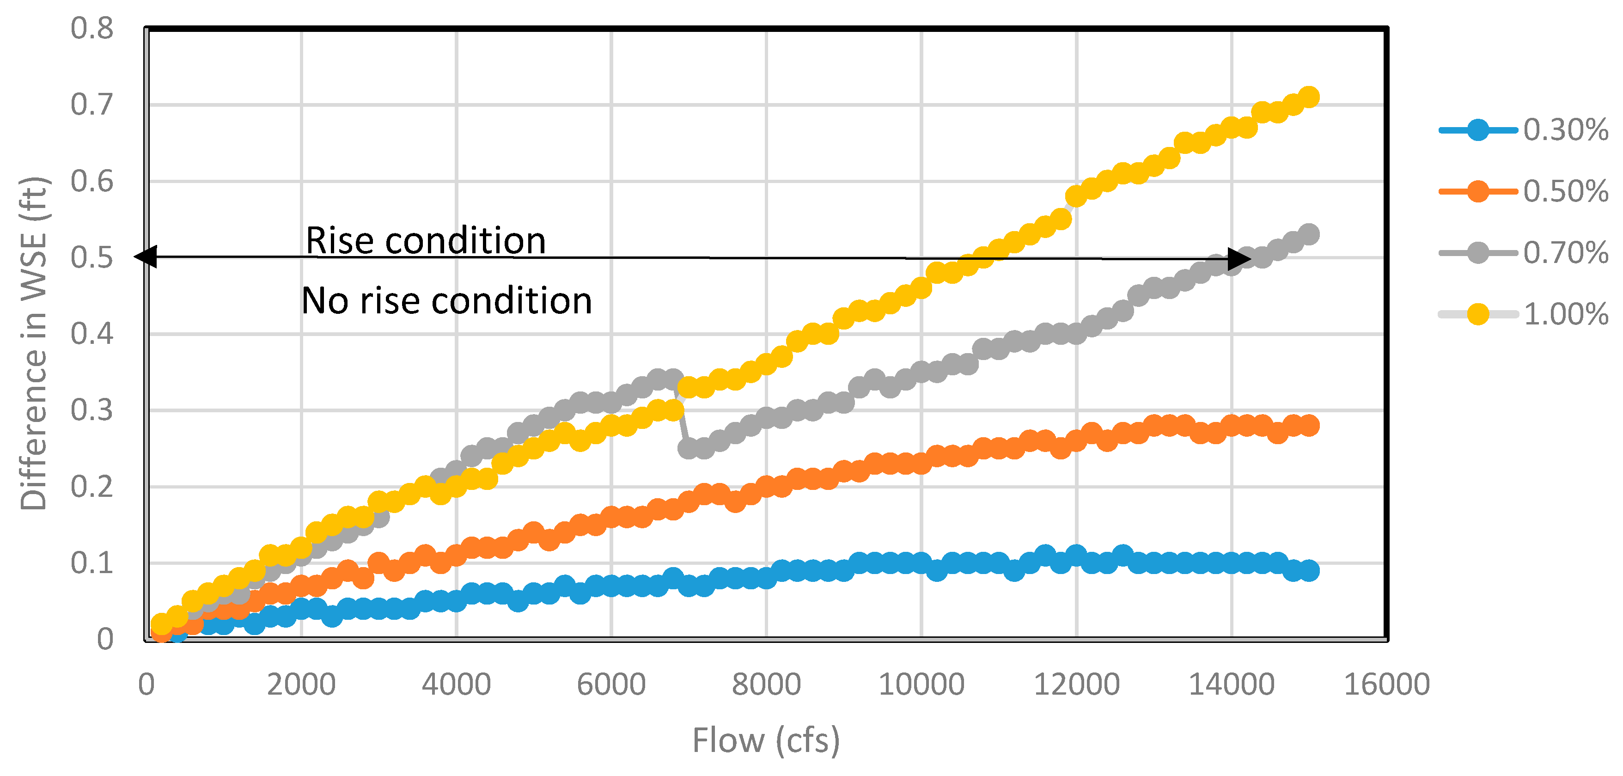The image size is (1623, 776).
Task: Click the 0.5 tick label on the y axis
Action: (92, 257)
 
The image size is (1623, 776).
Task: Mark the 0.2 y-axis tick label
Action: (92, 487)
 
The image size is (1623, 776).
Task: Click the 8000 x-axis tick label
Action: (766, 684)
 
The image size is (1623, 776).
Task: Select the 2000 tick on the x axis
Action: (301, 684)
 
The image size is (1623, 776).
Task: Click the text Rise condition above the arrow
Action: (425, 241)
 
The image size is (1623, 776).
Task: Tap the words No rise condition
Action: (447, 300)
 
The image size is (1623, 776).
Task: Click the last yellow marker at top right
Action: (1309, 97)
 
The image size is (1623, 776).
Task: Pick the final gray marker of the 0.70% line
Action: (1309, 234)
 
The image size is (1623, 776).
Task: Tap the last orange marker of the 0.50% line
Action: (1309, 426)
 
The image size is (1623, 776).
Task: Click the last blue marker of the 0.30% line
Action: (1309, 571)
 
